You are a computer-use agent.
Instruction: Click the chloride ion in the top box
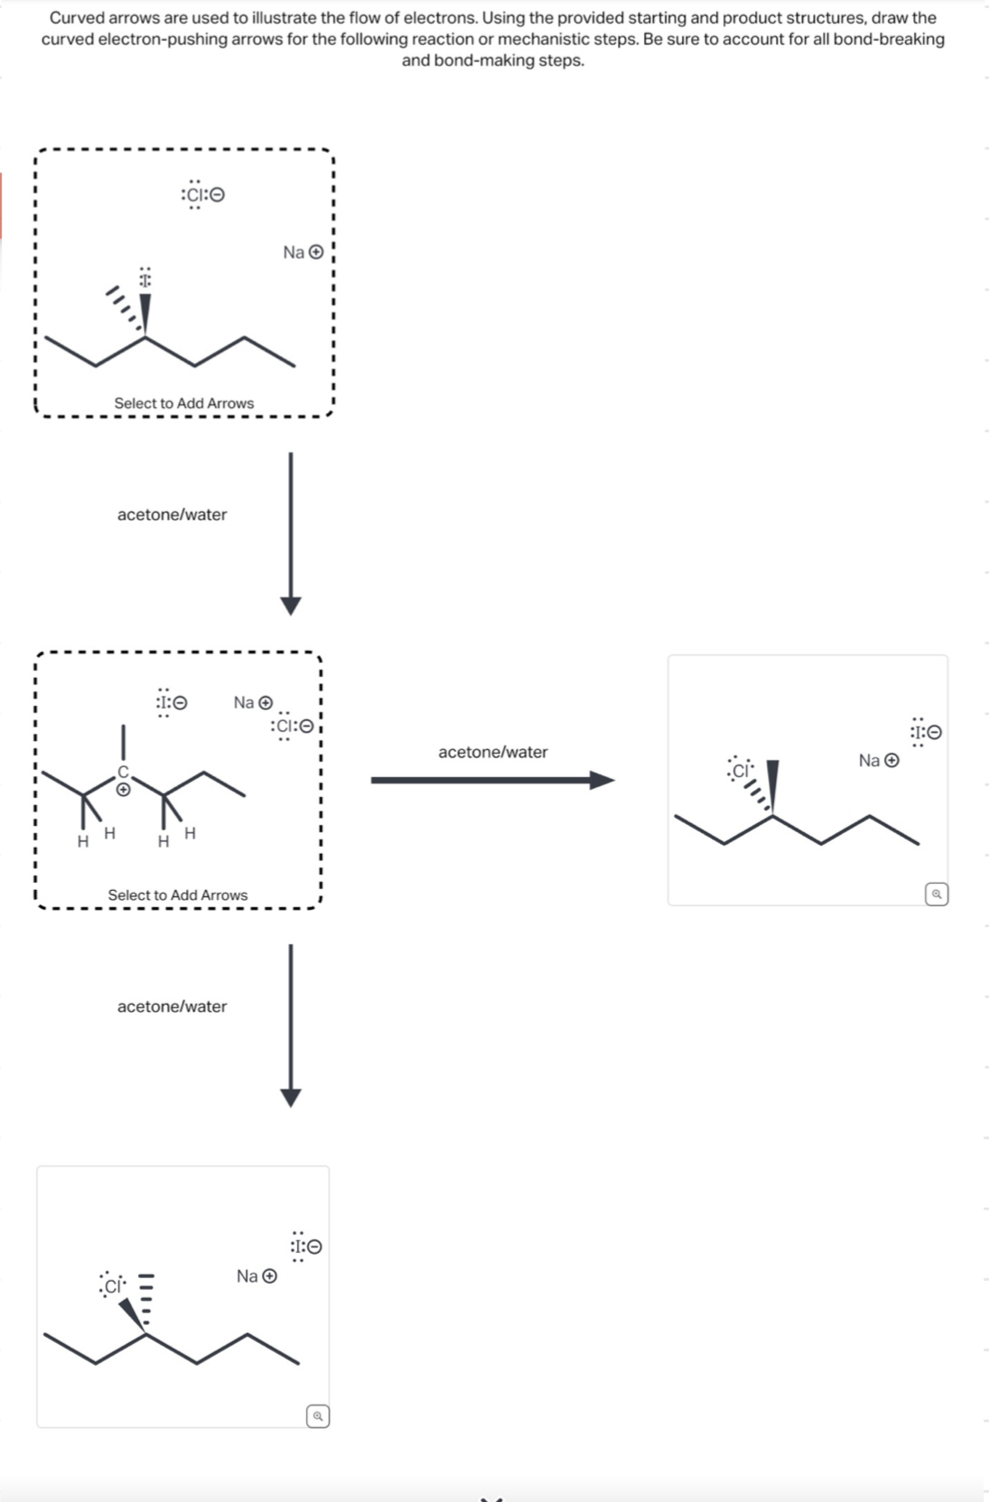pos(202,195)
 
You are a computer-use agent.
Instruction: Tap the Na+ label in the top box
pos(303,253)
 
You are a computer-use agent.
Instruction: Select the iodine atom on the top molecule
pos(145,279)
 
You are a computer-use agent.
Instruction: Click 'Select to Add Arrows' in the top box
pos(183,403)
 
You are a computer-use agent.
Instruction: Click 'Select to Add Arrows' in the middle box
pos(177,895)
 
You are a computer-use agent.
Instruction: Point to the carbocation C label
pos(124,772)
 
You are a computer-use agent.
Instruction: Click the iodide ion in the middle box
pos(170,702)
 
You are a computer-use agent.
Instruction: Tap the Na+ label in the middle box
pos(253,702)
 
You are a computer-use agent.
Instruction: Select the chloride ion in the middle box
pos(291,727)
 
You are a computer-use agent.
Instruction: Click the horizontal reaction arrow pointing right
pos(492,780)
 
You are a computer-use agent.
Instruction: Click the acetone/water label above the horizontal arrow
pos(492,752)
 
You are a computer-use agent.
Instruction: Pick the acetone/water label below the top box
pos(172,515)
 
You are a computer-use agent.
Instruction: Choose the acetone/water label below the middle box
pos(172,1006)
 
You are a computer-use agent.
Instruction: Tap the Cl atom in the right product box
pos(740,770)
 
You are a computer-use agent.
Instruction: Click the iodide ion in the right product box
pos(925,732)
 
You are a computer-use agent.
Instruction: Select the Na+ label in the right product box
pos(878,761)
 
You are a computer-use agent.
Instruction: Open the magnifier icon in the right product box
pos(937,895)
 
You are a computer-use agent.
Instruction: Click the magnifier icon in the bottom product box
pos(317,1416)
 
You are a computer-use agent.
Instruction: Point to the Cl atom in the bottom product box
pos(113,1285)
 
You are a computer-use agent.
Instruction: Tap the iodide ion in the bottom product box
pos(305,1247)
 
